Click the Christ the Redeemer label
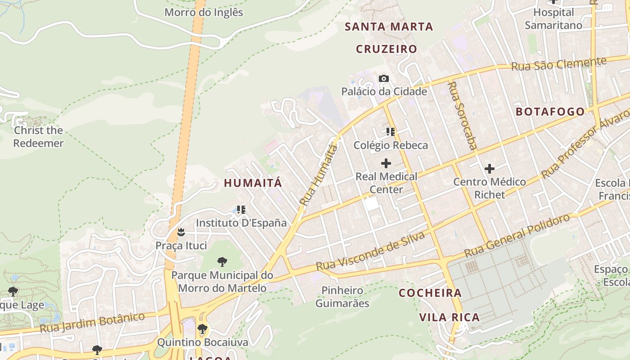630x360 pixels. [x=38, y=137]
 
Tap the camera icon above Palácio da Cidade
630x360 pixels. [x=383, y=79]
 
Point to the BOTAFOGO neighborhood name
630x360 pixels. [x=550, y=112]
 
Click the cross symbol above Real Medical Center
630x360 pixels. [x=386, y=163]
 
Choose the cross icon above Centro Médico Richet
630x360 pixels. [x=490, y=169]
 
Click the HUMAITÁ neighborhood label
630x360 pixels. [x=253, y=183]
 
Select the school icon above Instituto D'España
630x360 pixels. [x=241, y=209]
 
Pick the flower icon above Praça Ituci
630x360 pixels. [x=181, y=233]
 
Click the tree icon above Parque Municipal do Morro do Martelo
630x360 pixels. [x=222, y=262]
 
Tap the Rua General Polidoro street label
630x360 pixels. [x=517, y=235]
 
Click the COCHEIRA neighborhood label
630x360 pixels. [x=430, y=293]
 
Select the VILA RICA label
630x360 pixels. [x=449, y=317]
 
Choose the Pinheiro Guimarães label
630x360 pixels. [x=342, y=297]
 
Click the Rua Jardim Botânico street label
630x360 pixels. [x=92, y=323]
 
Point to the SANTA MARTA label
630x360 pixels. [x=389, y=27]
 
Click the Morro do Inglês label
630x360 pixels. [x=203, y=12]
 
